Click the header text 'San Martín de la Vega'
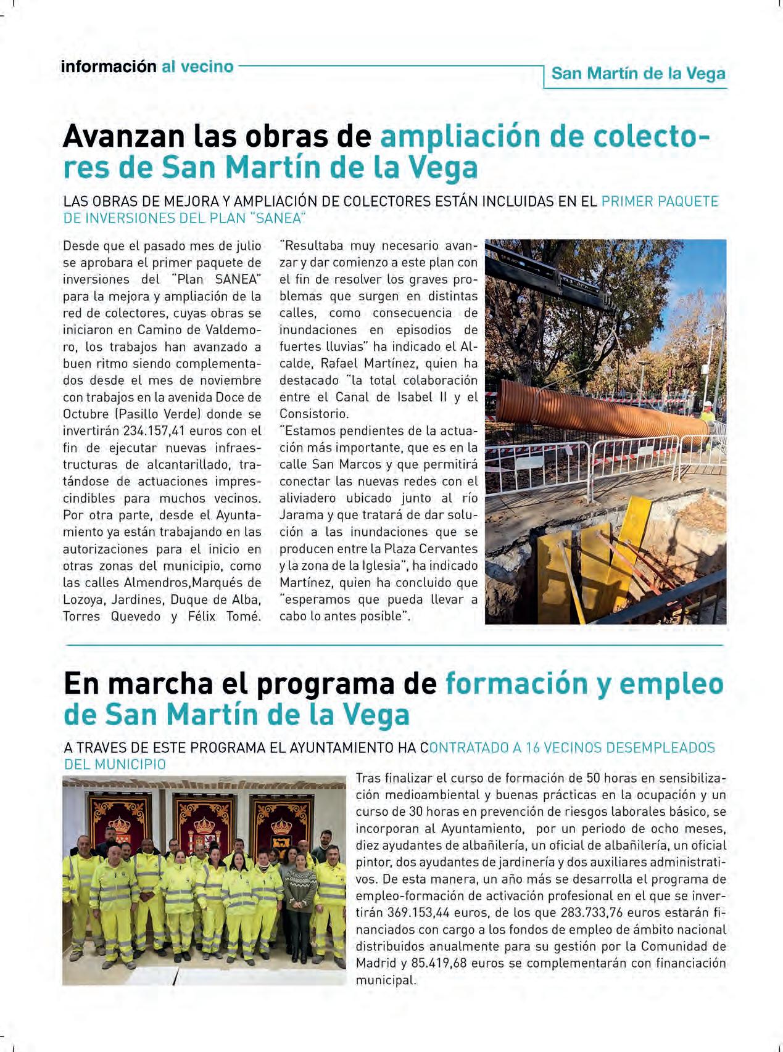[638, 74]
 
